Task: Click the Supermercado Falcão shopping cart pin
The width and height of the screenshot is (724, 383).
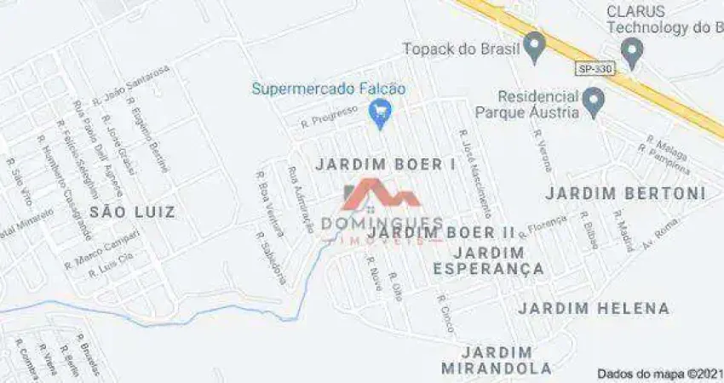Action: [380, 111]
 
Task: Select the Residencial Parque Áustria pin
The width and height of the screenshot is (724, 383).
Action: [595, 103]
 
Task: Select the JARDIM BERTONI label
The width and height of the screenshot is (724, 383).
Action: [625, 193]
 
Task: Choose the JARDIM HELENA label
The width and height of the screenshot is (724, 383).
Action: [594, 308]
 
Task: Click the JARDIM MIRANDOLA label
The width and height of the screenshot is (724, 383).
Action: [497, 359]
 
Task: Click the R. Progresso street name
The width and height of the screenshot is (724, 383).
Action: [324, 121]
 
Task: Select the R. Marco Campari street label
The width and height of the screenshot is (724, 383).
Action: [102, 251]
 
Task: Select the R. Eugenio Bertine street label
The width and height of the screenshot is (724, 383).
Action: [148, 135]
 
